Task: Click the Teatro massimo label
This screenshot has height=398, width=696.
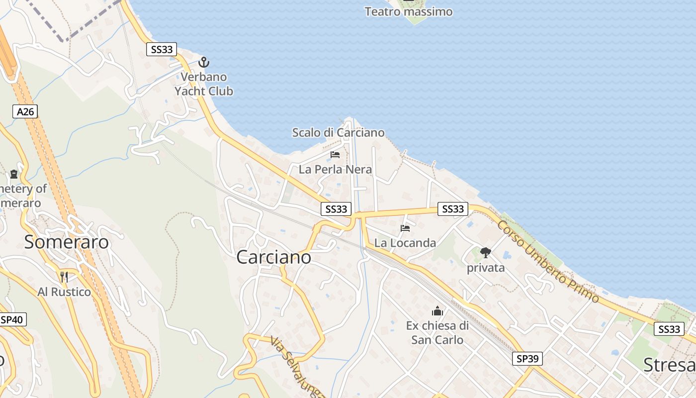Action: pyautogui.click(x=409, y=11)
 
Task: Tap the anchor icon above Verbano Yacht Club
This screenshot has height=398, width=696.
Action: pyautogui.click(x=204, y=63)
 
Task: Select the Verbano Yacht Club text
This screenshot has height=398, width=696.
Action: pyautogui.click(x=203, y=84)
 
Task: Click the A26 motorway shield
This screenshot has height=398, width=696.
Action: pyautogui.click(x=25, y=111)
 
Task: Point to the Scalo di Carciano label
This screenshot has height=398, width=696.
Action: pyautogui.click(x=338, y=133)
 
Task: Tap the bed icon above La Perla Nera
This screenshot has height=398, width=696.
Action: pyautogui.click(x=335, y=155)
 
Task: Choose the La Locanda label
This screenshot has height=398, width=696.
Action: pyautogui.click(x=405, y=243)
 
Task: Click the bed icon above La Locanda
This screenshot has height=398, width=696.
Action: pyautogui.click(x=405, y=228)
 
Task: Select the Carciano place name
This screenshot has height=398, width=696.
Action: pyautogui.click(x=274, y=257)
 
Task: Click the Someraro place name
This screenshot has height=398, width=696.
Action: pyautogui.click(x=67, y=242)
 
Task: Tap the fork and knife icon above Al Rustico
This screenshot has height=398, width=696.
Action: pyautogui.click(x=64, y=277)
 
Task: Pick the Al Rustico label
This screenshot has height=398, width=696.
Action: pyautogui.click(x=65, y=292)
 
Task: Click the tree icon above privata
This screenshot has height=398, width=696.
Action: pyautogui.click(x=486, y=253)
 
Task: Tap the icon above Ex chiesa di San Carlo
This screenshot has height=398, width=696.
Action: pyautogui.click(x=437, y=311)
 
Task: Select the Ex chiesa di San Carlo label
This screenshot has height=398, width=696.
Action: pyautogui.click(x=437, y=333)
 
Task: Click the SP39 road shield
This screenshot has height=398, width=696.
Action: pyautogui.click(x=527, y=358)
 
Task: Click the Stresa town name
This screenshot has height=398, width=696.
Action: pyautogui.click(x=669, y=365)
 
